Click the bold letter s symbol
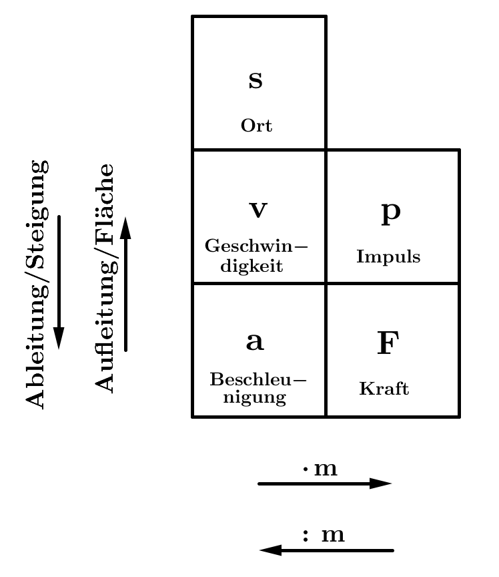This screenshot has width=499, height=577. point(256,81)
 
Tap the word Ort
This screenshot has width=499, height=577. point(257,126)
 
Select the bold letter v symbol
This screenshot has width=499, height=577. point(258,210)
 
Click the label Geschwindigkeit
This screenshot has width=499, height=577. point(257,256)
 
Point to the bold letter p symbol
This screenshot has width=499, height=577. point(390,211)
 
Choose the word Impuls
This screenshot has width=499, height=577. point(389,257)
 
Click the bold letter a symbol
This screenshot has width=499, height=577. point(256,341)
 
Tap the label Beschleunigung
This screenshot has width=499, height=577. point(258,389)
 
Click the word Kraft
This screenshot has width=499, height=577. point(384,389)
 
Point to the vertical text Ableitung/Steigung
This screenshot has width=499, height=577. point(37,283)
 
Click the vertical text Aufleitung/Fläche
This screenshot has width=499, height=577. point(104,278)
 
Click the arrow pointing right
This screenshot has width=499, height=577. point(324,484)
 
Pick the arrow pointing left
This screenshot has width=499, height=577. point(326,550)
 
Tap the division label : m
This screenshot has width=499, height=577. point(324,535)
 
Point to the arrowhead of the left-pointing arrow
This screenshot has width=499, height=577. point(270,550)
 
